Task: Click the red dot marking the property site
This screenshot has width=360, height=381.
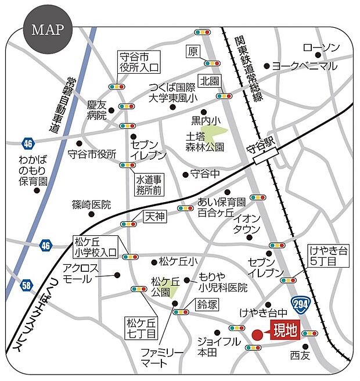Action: tap(257, 334)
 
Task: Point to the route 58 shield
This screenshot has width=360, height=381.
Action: tap(26, 285)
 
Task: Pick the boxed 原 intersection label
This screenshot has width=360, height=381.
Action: tap(193, 52)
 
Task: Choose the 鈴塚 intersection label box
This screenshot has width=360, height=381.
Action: tap(207, 304)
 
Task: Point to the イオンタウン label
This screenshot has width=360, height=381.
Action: tap(246, 224)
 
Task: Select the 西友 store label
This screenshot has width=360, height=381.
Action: tap(301, 353)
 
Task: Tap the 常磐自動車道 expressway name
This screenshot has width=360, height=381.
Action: tap(55, 105)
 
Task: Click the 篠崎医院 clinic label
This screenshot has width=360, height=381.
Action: tap(91, 204)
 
